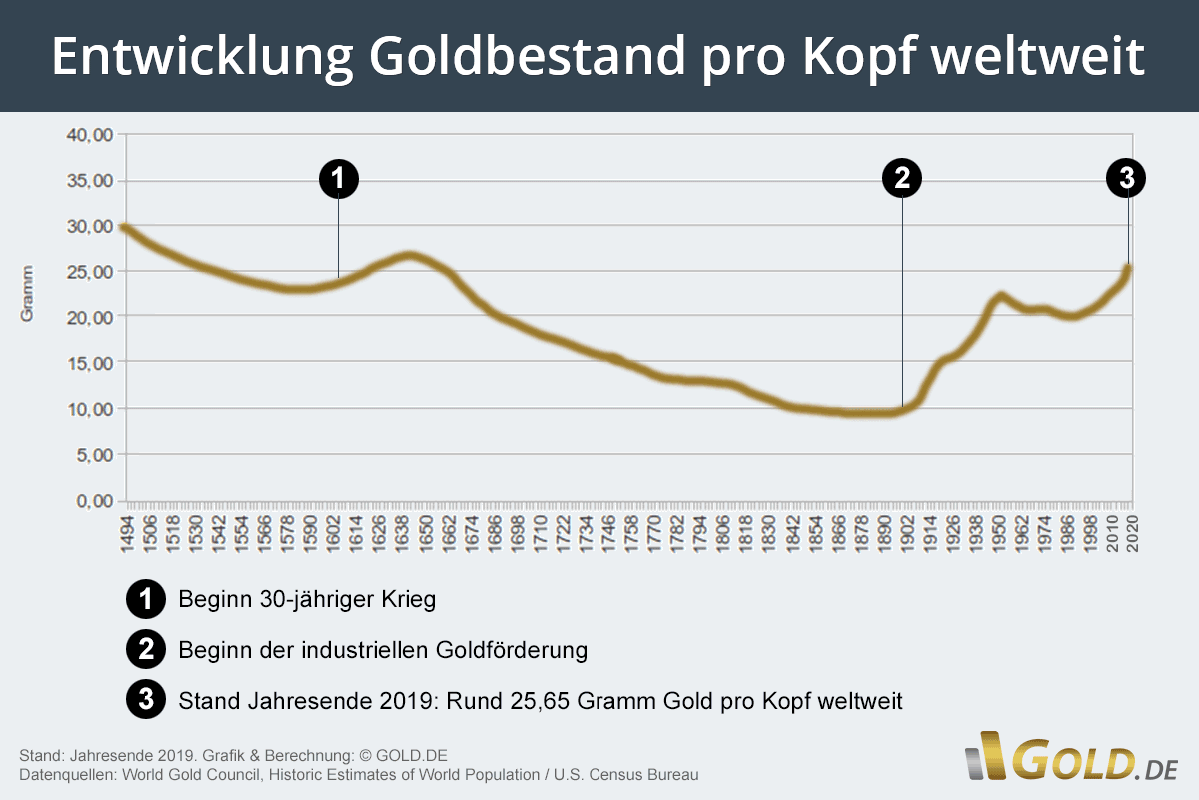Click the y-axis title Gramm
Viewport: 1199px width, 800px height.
tap(27, 293)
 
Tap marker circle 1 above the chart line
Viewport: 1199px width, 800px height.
tap(338, 179)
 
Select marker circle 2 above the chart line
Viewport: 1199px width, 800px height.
tap(902, 179)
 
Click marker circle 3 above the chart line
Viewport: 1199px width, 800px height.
tap(1127, 179)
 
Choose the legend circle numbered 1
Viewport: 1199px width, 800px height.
tap(146, 600)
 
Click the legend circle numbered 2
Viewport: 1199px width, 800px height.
tap(146, 650)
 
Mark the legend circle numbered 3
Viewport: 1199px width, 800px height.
tap(146, 700)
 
